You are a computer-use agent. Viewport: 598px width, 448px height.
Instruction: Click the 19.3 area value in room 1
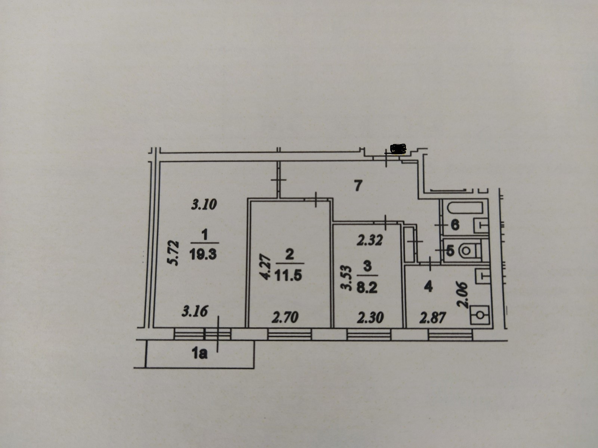click(203, 255)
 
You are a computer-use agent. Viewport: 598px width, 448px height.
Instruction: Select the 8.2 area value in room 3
click(367, 288)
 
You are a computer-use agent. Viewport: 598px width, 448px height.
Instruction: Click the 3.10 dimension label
click(204, 205)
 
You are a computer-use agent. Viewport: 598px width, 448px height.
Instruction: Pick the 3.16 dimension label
click(194, 311)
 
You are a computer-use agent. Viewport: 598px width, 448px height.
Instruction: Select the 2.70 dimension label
click(285, 317)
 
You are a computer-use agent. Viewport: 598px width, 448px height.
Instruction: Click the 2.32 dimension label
click(369, 240)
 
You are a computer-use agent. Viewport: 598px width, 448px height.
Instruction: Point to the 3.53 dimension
click(346, 278)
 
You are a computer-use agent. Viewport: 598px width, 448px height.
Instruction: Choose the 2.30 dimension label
click(370, 318)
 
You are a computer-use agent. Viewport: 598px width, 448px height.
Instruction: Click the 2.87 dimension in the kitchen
click(433, 318)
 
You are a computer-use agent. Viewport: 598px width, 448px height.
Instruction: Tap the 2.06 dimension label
click(463, 295)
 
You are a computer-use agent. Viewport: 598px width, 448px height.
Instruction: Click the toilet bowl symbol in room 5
click(466, 250)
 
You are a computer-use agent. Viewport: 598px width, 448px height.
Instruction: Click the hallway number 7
click(358, 186)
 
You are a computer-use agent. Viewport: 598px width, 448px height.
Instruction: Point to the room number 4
click(428, 287)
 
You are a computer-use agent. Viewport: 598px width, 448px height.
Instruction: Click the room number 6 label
click(455, 225)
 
